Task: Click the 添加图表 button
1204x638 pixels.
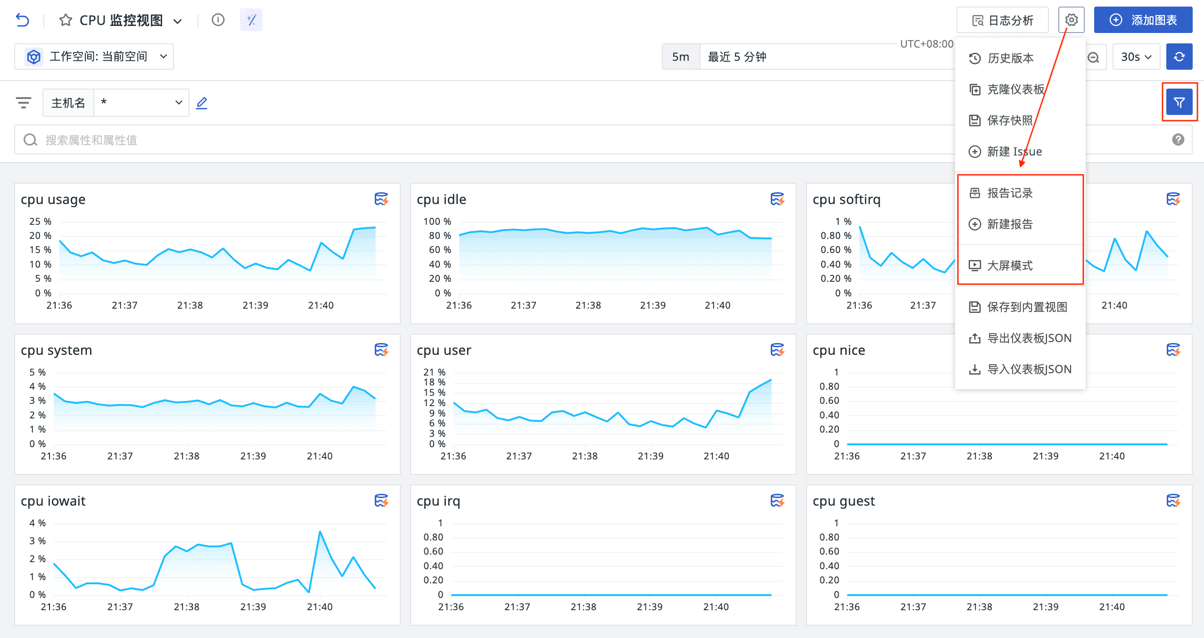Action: tap(1143, 20)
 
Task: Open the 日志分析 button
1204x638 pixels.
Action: tap(1002, 20)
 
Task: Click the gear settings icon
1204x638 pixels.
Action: tap(1071, 20)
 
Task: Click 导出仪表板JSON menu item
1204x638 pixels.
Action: tap(1020, 338)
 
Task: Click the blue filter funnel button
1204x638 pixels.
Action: tap(1179, 102)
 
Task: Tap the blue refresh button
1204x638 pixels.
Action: tap(1179, 57)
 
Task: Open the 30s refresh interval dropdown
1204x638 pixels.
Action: tap(1136, 57)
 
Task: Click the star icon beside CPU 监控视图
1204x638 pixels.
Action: tap(66, 20)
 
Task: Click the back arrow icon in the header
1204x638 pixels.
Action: tap(22, 20)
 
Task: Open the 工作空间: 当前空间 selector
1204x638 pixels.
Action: tap(94, 57)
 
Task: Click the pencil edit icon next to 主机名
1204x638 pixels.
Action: tap(202, 103)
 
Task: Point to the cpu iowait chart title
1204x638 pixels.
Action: tap(53, 501)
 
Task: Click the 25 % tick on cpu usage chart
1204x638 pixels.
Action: tap(40, 221)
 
